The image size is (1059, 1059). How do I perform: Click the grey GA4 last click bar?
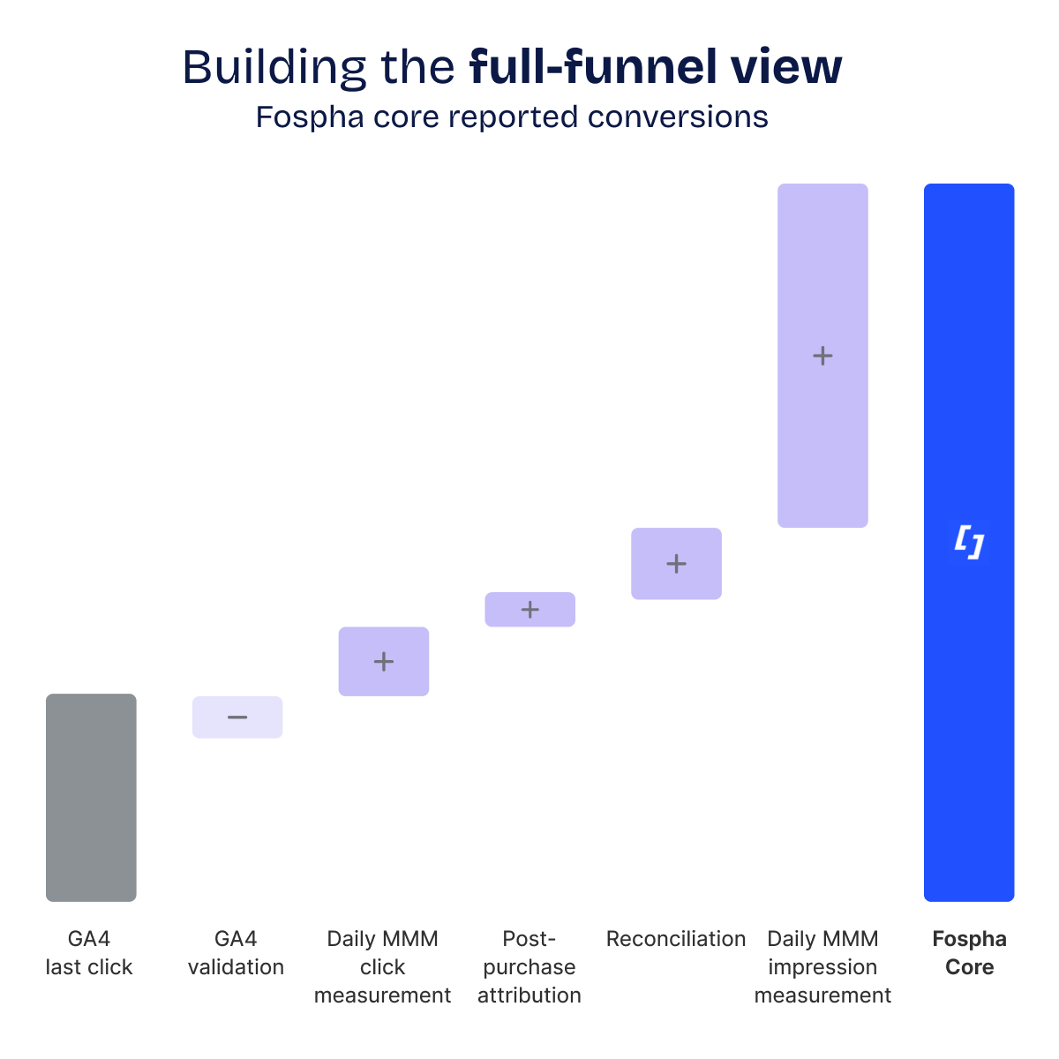[x=91, y=797]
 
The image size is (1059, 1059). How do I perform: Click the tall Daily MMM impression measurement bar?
[x=822, y=265]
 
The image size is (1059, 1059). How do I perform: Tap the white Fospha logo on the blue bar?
[x=969, y=542]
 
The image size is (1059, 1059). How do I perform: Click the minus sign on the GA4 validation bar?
[x=237, y=717]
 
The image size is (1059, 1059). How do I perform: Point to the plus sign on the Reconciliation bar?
[x=676, y=564]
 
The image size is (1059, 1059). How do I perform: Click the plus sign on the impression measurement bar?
[x=822, y=356]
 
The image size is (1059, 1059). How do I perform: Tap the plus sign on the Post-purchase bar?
[x=529, y=610]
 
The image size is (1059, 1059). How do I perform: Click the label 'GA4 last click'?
[x=89, y=953]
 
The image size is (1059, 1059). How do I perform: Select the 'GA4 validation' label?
[x=236, y=953]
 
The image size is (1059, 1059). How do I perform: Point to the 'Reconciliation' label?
[x=676, y=939]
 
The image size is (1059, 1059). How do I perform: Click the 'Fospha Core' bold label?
[x=969, y=953]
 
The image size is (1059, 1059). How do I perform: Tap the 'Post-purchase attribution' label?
[x=529, y=967]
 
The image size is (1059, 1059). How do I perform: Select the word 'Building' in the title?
[x=274, y=67]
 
